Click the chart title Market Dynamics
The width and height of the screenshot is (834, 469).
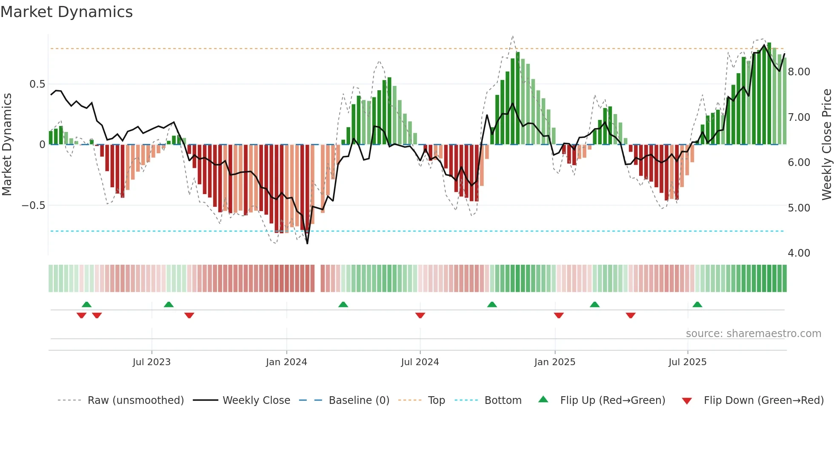66,12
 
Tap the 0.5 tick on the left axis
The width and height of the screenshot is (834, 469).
37,84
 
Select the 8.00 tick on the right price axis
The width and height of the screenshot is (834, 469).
799,72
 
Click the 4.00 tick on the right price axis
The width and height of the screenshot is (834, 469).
799,253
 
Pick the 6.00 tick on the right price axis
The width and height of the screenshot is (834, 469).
799,163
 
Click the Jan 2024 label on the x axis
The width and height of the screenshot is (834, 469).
286,362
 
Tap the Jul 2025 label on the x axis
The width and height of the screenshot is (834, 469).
687,362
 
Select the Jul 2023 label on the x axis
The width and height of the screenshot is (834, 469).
151,362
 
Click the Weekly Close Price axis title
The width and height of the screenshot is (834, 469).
826,144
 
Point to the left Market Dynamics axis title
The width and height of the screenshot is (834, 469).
7,144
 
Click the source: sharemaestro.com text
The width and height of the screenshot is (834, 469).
753,334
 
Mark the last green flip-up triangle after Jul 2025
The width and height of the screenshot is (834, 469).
697,305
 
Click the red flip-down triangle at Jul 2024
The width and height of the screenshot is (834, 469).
420,315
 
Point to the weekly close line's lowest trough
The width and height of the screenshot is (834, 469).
307,243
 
